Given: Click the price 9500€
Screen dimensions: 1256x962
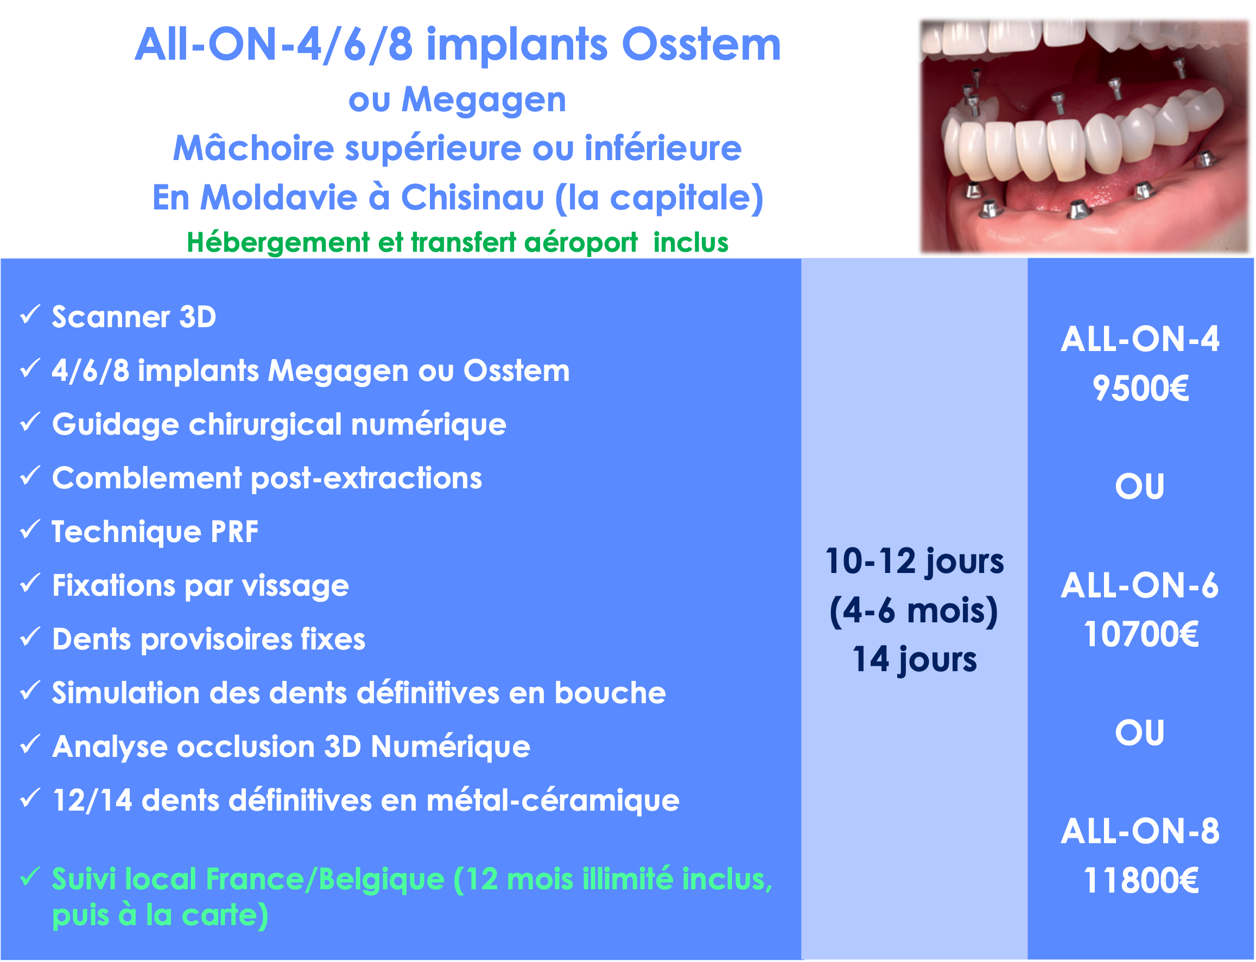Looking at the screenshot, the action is [1140, 389].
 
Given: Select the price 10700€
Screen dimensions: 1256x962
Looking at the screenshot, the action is [1140, 634].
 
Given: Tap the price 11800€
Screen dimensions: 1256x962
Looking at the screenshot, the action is [1140, 881].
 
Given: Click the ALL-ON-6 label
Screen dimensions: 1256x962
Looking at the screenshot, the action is [1140, 586].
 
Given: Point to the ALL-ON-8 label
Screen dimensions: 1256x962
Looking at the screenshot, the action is [1140, 831].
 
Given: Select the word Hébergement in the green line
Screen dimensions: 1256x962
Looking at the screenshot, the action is [278, 243].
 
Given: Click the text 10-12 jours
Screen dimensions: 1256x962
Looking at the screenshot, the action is [914, 562].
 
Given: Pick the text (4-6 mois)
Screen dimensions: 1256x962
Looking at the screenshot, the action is [914, 611].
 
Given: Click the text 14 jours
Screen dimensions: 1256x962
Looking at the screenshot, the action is [914, 660].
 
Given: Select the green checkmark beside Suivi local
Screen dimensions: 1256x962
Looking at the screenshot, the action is [30, 876].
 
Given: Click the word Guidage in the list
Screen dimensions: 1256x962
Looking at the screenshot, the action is [115, 425].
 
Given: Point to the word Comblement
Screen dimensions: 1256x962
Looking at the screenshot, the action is [147, 478].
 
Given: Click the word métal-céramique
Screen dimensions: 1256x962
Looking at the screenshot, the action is [553, 800].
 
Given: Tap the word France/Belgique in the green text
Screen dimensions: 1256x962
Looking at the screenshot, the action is [325, 880].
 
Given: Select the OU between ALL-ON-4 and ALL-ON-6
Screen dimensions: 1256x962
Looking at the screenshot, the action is [1140, 487].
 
